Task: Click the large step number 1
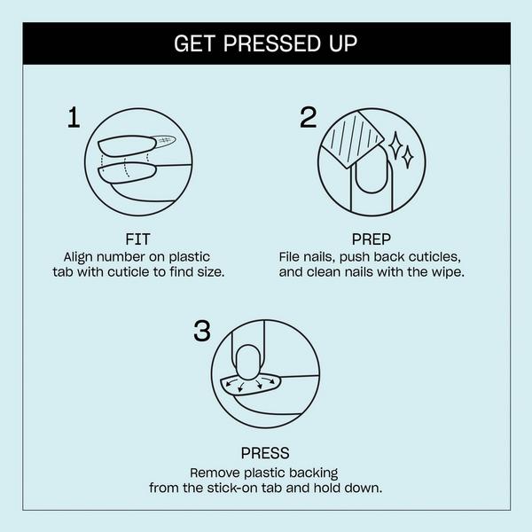coord(74,118)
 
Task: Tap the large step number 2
coord(308,118)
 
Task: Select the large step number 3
coord(201,332)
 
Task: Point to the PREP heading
coord(372,239)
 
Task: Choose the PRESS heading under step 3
coord(266,454)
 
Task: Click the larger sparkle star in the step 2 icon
coord(406,155)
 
